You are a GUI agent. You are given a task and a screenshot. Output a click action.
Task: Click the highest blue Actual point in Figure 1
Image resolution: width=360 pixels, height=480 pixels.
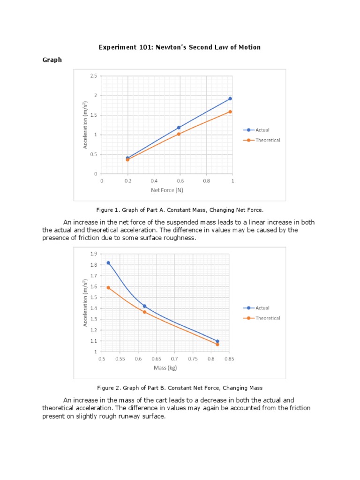(x=230, y=98)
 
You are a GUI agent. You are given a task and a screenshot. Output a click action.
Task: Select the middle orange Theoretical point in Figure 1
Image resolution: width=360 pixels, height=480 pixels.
(x=179, y=134)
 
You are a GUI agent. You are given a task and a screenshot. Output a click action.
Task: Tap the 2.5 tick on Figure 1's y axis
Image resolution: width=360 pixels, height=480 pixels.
(x=94, y=76)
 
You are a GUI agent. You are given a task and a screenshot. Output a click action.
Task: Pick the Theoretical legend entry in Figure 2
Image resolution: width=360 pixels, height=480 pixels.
(x=268, y=318)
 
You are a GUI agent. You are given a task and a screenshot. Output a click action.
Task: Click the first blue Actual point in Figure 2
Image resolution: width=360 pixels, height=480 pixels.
(x=108, y=263)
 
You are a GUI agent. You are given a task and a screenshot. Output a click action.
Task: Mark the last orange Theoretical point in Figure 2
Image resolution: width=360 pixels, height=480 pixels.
(x=217, y=344)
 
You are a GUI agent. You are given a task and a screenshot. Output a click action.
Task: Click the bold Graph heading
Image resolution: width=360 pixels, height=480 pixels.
(x=52, y=60)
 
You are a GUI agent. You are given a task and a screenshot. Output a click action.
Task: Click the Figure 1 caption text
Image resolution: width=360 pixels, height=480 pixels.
(x=180, y=210)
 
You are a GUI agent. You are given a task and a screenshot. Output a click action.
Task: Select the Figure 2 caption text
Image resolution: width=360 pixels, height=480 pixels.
(x=180, y=388)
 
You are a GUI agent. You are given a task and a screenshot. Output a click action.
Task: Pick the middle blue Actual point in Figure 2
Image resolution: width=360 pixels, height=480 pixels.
(x=144, y=306)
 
